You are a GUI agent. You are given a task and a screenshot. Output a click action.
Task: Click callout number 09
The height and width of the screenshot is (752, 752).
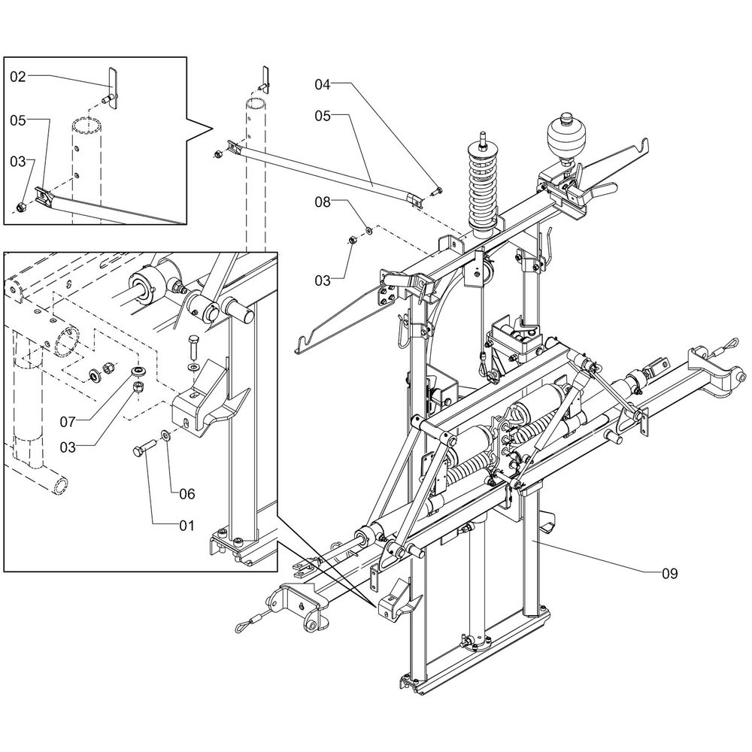pos(669,574)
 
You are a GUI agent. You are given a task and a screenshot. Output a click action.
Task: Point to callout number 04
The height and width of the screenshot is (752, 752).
pos(323,85)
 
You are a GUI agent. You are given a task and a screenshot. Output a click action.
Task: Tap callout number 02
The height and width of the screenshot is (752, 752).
pos(18,76)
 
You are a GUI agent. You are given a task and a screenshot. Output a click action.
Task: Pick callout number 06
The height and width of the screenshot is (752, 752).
pos(186,494)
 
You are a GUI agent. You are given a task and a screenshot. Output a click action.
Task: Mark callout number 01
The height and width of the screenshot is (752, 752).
pos(186,525)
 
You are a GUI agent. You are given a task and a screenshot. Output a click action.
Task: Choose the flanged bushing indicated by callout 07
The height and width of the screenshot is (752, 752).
pos(138,372)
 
